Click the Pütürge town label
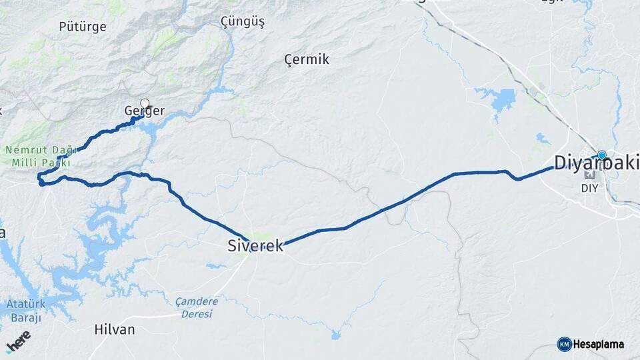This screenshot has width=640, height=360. click(x=83, y=27)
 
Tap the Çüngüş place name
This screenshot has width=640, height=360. click(x=243, y=22)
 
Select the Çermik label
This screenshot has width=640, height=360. click(x=307, y=60)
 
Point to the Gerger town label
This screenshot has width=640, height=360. click(x=144, y=111)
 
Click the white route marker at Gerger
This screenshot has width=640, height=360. click(x=145, y=103)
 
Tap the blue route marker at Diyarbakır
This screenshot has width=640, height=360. click(x=601, y=155)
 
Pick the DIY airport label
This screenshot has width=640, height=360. click(x=589, y=188)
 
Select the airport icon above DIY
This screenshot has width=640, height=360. click(x=589, y=175)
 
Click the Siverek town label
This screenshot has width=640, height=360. click(x=255, y=246)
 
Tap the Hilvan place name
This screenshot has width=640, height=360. click(x=115, y=329)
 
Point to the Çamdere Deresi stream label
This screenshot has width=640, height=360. click(x=197, y=307)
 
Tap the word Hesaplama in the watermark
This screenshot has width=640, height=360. click(x=599, y=344)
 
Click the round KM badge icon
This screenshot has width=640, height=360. click(x=564, y=344)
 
